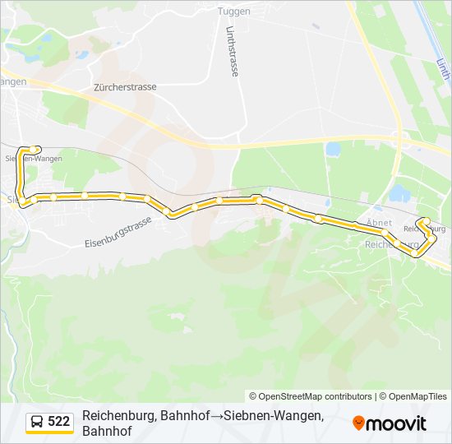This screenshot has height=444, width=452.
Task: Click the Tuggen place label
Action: coord(233,11)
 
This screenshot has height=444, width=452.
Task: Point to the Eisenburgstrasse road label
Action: coord(118,234)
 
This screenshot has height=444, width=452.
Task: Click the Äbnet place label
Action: coord(379,223)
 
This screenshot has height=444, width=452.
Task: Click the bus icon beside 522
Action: coord(37,422)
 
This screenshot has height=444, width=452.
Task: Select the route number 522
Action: coord(59,422)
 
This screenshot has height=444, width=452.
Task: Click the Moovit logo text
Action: coord(397,424)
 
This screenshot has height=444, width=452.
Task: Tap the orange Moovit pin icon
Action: coord(358,423)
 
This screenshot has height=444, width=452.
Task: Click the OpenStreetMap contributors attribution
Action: coord(310,396)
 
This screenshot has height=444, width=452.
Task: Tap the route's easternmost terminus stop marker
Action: coord(425,220)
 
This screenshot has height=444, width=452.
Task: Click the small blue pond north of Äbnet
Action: coord(399,193)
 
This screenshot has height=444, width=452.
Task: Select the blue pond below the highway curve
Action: coord(333,150)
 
